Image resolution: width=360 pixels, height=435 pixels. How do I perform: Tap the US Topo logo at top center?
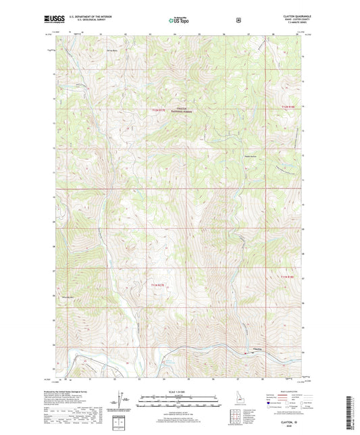(x=180, y=21)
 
